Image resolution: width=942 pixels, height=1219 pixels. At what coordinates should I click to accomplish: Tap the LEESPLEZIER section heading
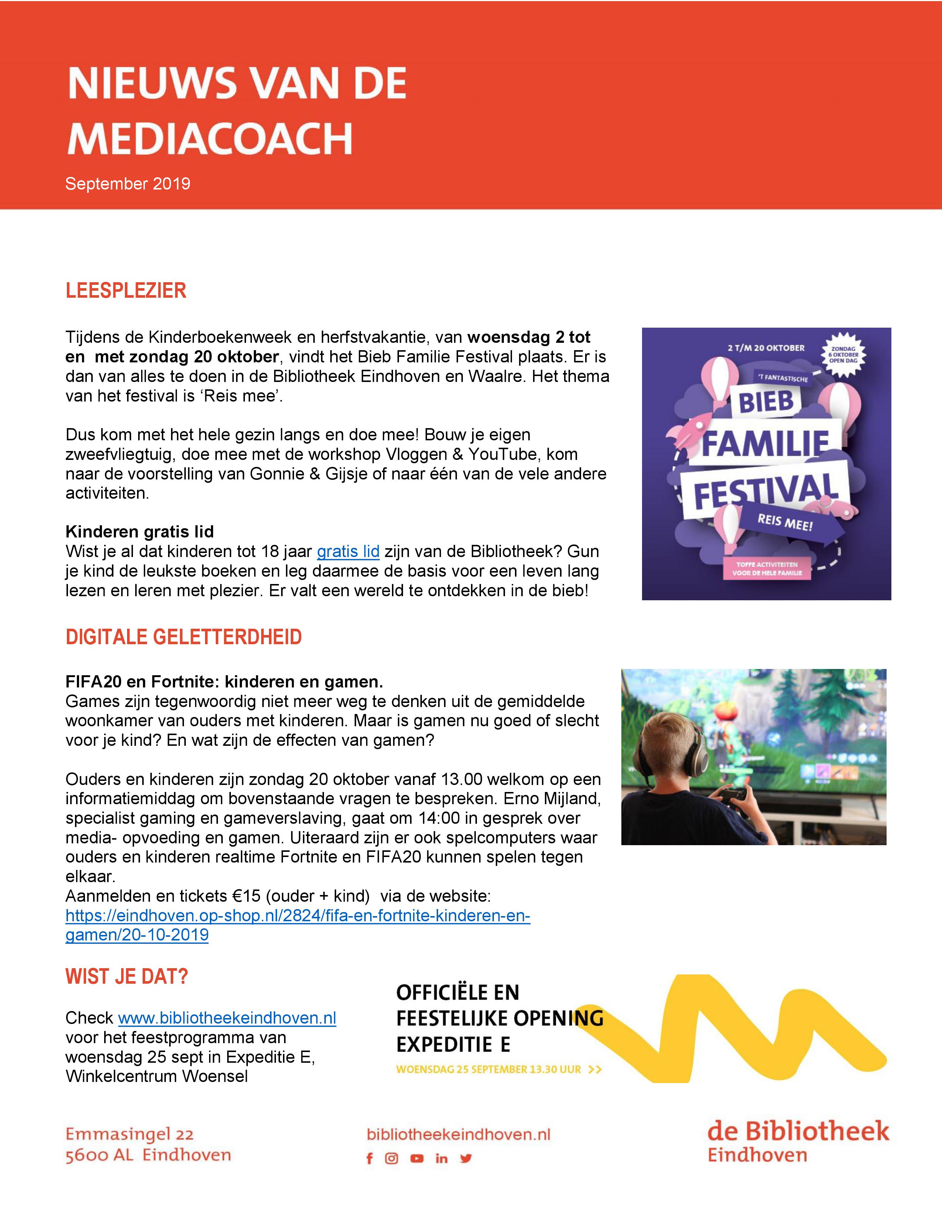[126, 291]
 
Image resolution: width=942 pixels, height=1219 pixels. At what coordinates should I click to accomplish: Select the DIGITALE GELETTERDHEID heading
[184, 637]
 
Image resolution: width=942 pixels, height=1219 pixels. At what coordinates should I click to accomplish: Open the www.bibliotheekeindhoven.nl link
[227, 1018]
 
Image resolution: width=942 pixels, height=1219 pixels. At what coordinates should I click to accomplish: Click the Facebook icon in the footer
[369, 1159]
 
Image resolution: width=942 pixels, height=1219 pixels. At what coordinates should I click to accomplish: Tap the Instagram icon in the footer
[392, 1159]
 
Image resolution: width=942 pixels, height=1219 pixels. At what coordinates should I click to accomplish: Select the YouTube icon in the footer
[416, 1159]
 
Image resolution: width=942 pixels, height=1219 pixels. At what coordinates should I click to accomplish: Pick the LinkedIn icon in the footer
[441, 1159]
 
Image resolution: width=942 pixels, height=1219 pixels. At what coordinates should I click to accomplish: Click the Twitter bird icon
[466, 1159]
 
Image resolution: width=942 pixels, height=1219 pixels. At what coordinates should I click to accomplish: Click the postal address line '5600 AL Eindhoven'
[148, 1155]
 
